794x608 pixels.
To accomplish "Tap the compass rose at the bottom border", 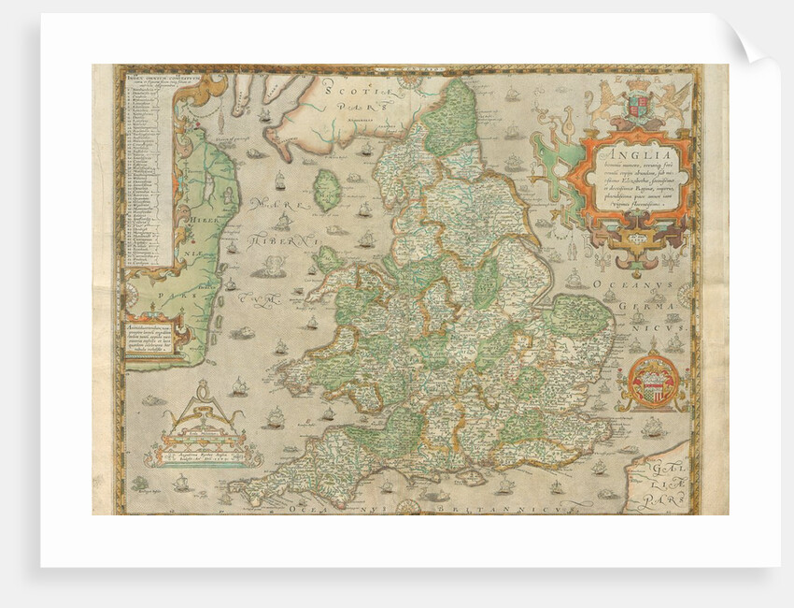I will coord(407,507).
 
